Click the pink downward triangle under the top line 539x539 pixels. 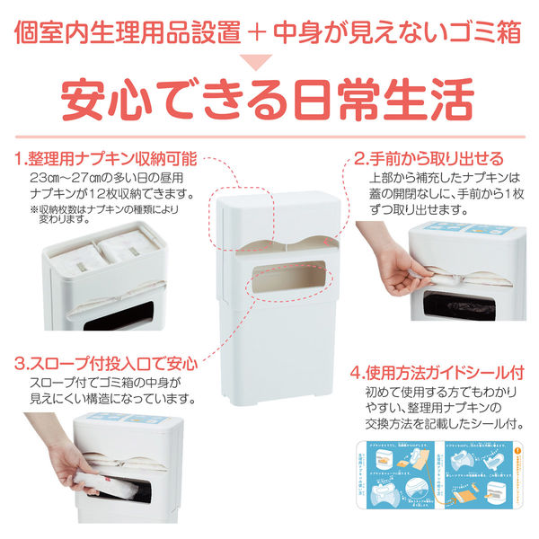click(269, 62)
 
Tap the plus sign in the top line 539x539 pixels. click(261, 31)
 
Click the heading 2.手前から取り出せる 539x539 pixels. click(428, 159)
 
